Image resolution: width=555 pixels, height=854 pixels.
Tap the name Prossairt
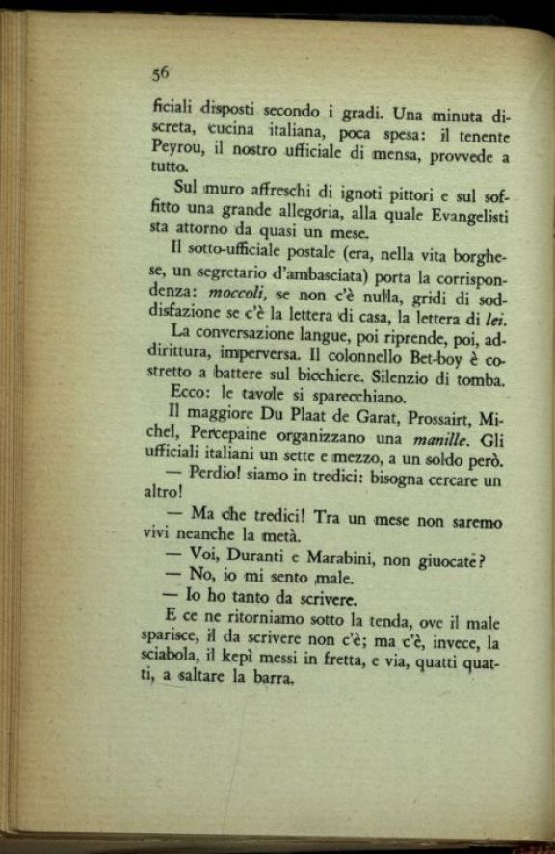(x=419, y=419)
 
